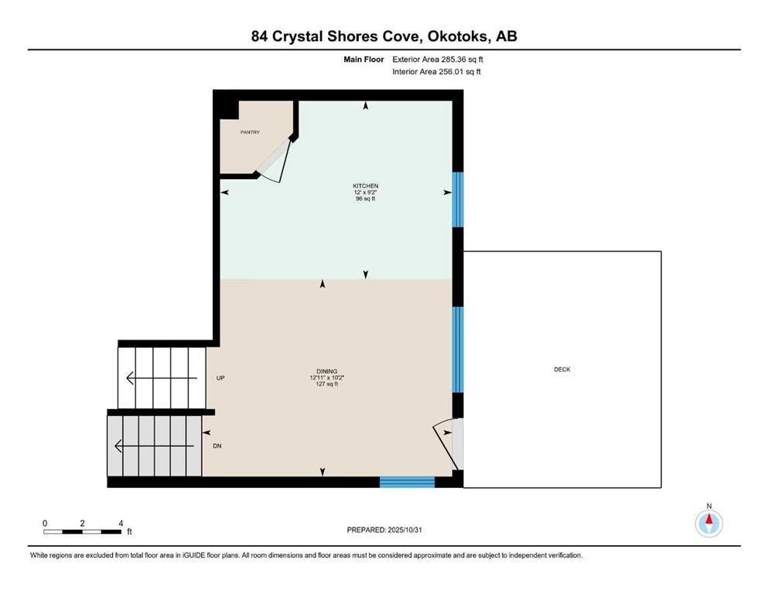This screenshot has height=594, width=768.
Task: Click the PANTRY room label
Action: coord(250,132)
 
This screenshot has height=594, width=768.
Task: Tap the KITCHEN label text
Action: coord(365,186)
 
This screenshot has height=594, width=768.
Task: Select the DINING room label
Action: coord(326,372)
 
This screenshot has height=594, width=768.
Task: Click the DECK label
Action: coord(562,369)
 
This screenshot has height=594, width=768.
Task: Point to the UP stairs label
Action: coord(220,378)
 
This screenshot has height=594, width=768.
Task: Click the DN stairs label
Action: coord(217,446)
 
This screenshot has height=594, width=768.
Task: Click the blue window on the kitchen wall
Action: coord(457,200)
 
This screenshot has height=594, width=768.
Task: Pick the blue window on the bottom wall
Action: coord(407,483)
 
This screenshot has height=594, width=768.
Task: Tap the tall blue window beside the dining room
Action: coord(457,350)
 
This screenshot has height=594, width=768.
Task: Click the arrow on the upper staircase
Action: coord(162,378)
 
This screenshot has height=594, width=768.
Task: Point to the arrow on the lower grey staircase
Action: coord(154,446)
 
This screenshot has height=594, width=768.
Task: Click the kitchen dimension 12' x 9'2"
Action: coord(365,193)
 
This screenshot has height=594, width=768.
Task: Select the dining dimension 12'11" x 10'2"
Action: coord(326,378)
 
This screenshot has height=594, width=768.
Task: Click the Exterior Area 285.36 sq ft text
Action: coord(438,60)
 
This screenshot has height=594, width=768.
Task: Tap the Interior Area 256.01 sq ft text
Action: coord(436,71)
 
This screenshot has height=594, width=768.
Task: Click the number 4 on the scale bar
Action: coord(121,524)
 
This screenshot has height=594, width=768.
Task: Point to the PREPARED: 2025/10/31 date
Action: coord(384,530)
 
